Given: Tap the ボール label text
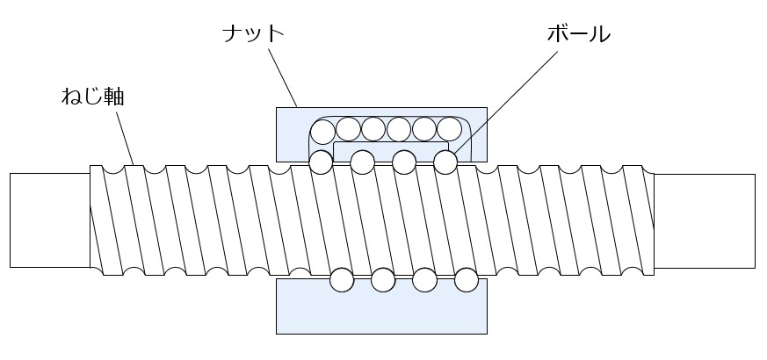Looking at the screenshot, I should pos(577,34).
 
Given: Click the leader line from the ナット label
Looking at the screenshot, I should pos(283,77).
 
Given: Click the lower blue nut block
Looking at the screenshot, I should pos(381,311).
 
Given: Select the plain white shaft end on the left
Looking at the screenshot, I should pos(49,220).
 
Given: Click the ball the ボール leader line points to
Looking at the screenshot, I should pos(445,162).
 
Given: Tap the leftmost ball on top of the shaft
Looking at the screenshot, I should pos(321,162).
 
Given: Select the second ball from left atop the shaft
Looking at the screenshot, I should pos(361,162).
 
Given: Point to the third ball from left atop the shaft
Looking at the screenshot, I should pos(403,162).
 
